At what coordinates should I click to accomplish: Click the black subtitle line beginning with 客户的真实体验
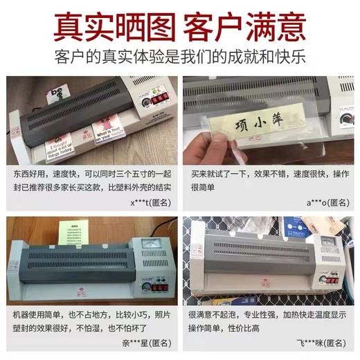coord(180,60)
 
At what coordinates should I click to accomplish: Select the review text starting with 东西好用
coord(90,179)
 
